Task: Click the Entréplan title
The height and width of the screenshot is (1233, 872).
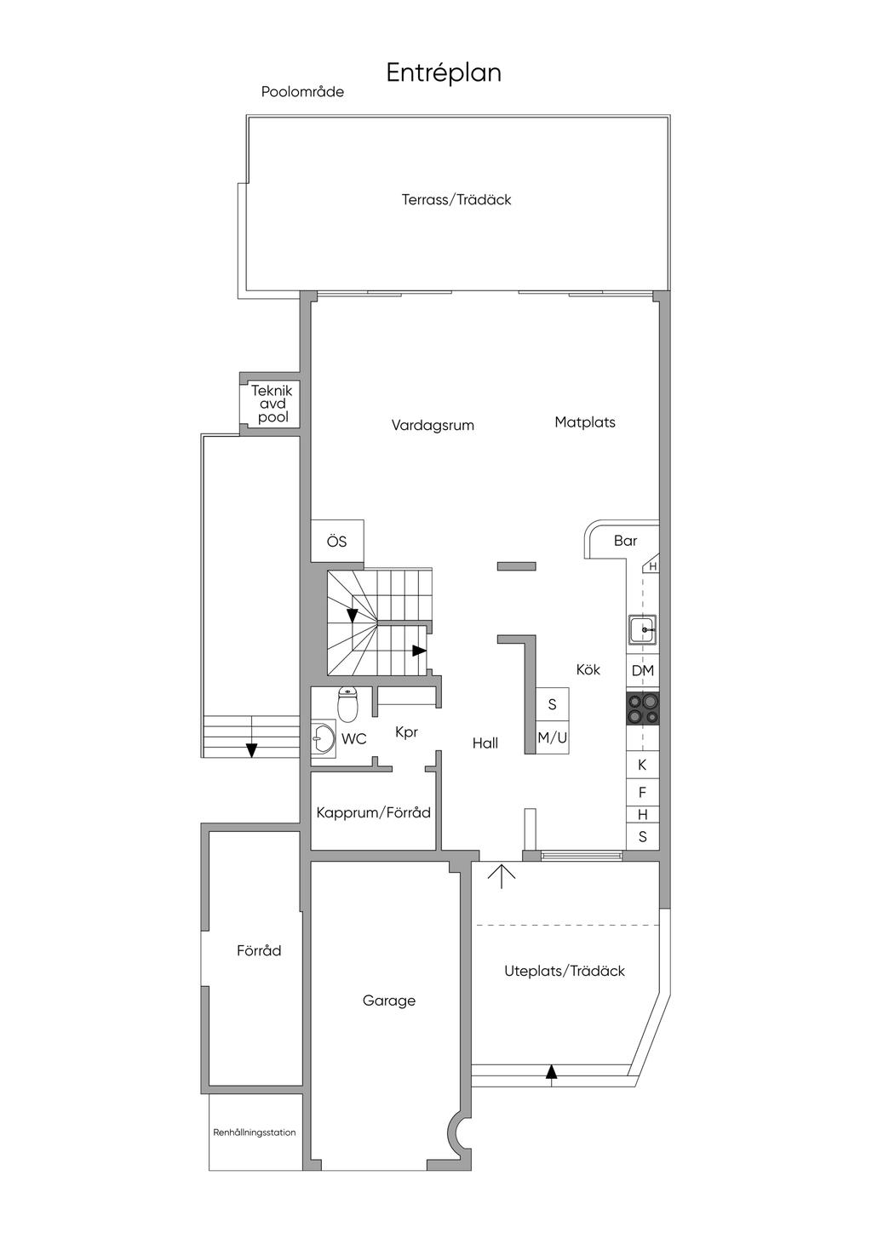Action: pyautogui.click(x=444, y=72)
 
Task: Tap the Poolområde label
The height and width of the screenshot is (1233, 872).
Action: pyautogui.click(x=302, y=92)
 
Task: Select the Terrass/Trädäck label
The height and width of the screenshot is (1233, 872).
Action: pyautogui.click(x=456, y=199)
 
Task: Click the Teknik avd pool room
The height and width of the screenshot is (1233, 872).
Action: pyautogui.click(x=272, y=404)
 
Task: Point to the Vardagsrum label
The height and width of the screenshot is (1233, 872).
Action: pyautogui.click(x=433, y=425)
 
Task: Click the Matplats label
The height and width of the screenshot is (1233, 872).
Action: pyautogui.click(x=585, y=422)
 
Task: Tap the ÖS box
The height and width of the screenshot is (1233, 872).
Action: pyautogui.click(x=337, y=542)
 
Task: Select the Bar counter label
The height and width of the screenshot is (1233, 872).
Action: pyautogui.click(x=625, y=541)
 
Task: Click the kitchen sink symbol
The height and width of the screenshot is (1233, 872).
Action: pyautogui.click(x=642, y=631)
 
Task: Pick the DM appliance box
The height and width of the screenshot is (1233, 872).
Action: pyautogui.click(x=643, y=671)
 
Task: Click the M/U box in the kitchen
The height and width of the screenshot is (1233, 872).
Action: pyautogui.click(x=552, y=738)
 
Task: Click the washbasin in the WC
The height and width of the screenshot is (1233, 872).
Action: pyautogui.click(x=323, y=738)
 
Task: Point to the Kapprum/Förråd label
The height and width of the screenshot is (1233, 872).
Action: pyautogui.click(x=374, y=812)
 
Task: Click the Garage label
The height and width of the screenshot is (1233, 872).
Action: pyautogui.click(x=389, y=1001)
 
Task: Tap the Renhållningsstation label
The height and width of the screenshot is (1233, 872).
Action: pyautogui.click(x=255, y=1133)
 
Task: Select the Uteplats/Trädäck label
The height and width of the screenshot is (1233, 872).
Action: pyautogui.click(x=565, y=971)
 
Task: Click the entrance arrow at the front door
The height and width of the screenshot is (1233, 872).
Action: pyautogui.click(x=502, y=875)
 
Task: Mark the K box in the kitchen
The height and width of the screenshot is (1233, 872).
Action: pyautogui.click(x=643, y=765)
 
